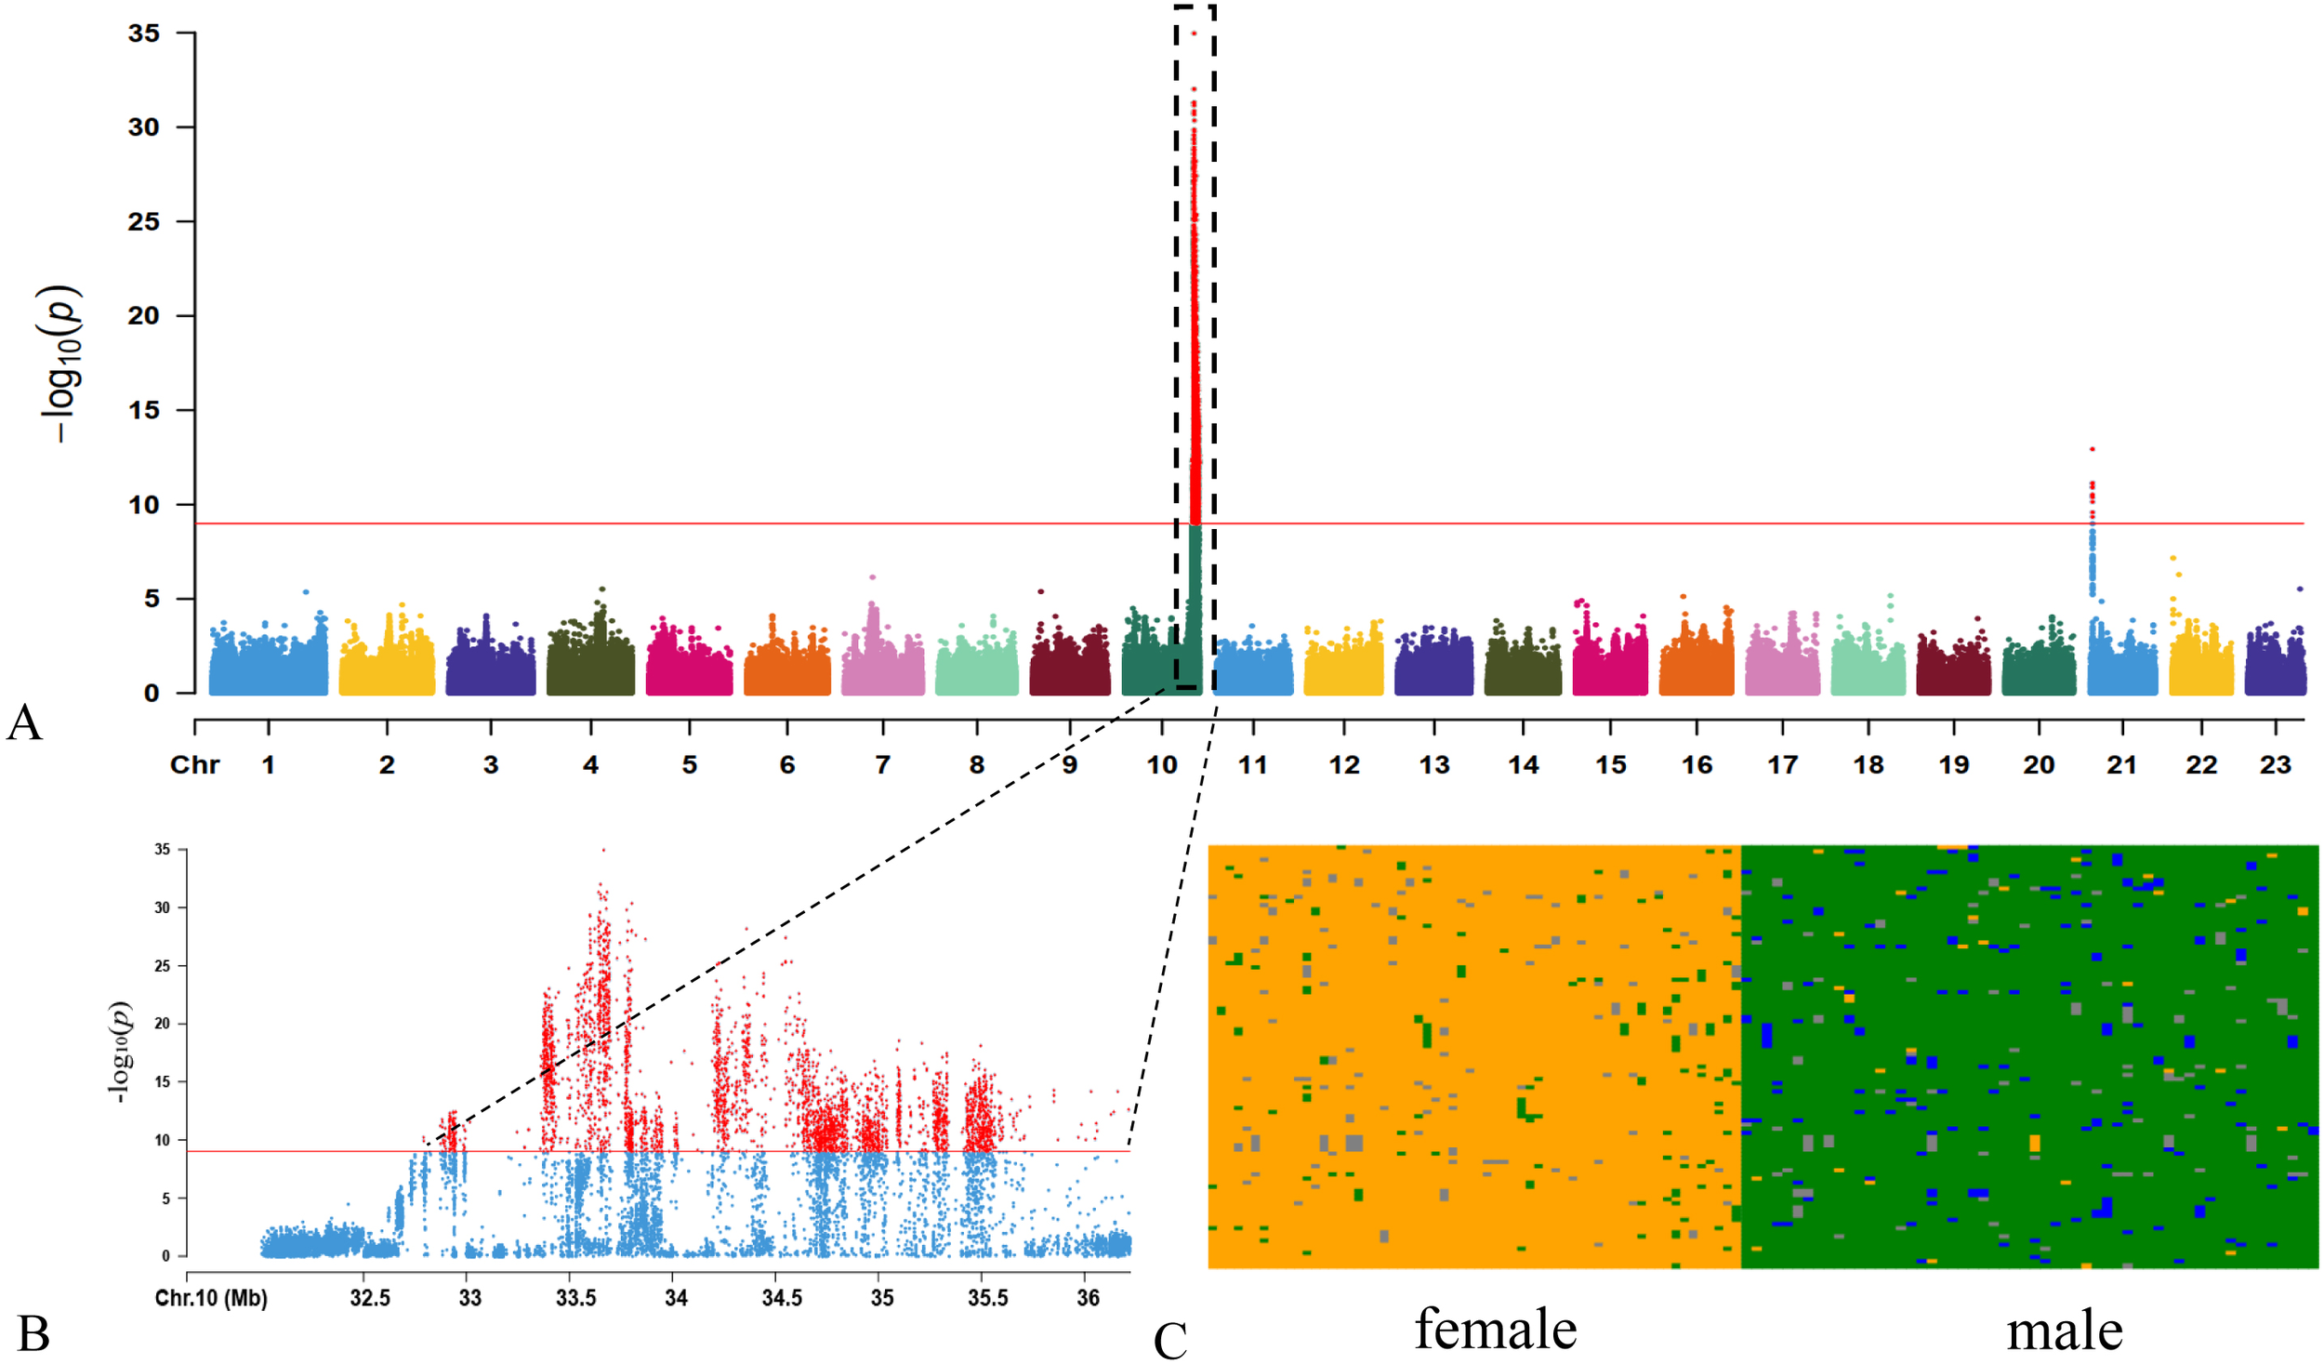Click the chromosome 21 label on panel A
(x=2120, y=765)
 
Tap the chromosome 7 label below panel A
(x=882, y=765)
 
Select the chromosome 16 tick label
(x=1697, y=765)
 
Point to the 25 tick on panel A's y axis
(x=144, y=221)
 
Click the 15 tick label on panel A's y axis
(x=144, y=410)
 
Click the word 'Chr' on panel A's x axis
(x=194, y=765)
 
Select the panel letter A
(x=24, y=722)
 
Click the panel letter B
(x=33, y=1333)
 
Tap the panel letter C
(x=1170, y=1340)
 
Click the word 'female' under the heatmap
(x=1496, y=1329)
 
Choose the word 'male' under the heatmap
(x=2065, y=1331)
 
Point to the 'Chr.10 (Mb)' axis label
(x=211, y=1298)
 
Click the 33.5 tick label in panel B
(x=575, y=1298)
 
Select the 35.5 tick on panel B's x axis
(x=987, y=1298)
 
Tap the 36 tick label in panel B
(x=1088, y=1298)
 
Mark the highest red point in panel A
(x=1194, y=33)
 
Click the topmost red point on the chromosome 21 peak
(x=2093, y=449)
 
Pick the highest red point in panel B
(x=603, y=850)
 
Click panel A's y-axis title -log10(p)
(x=61, y=363)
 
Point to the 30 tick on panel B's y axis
(x=163, y=907)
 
